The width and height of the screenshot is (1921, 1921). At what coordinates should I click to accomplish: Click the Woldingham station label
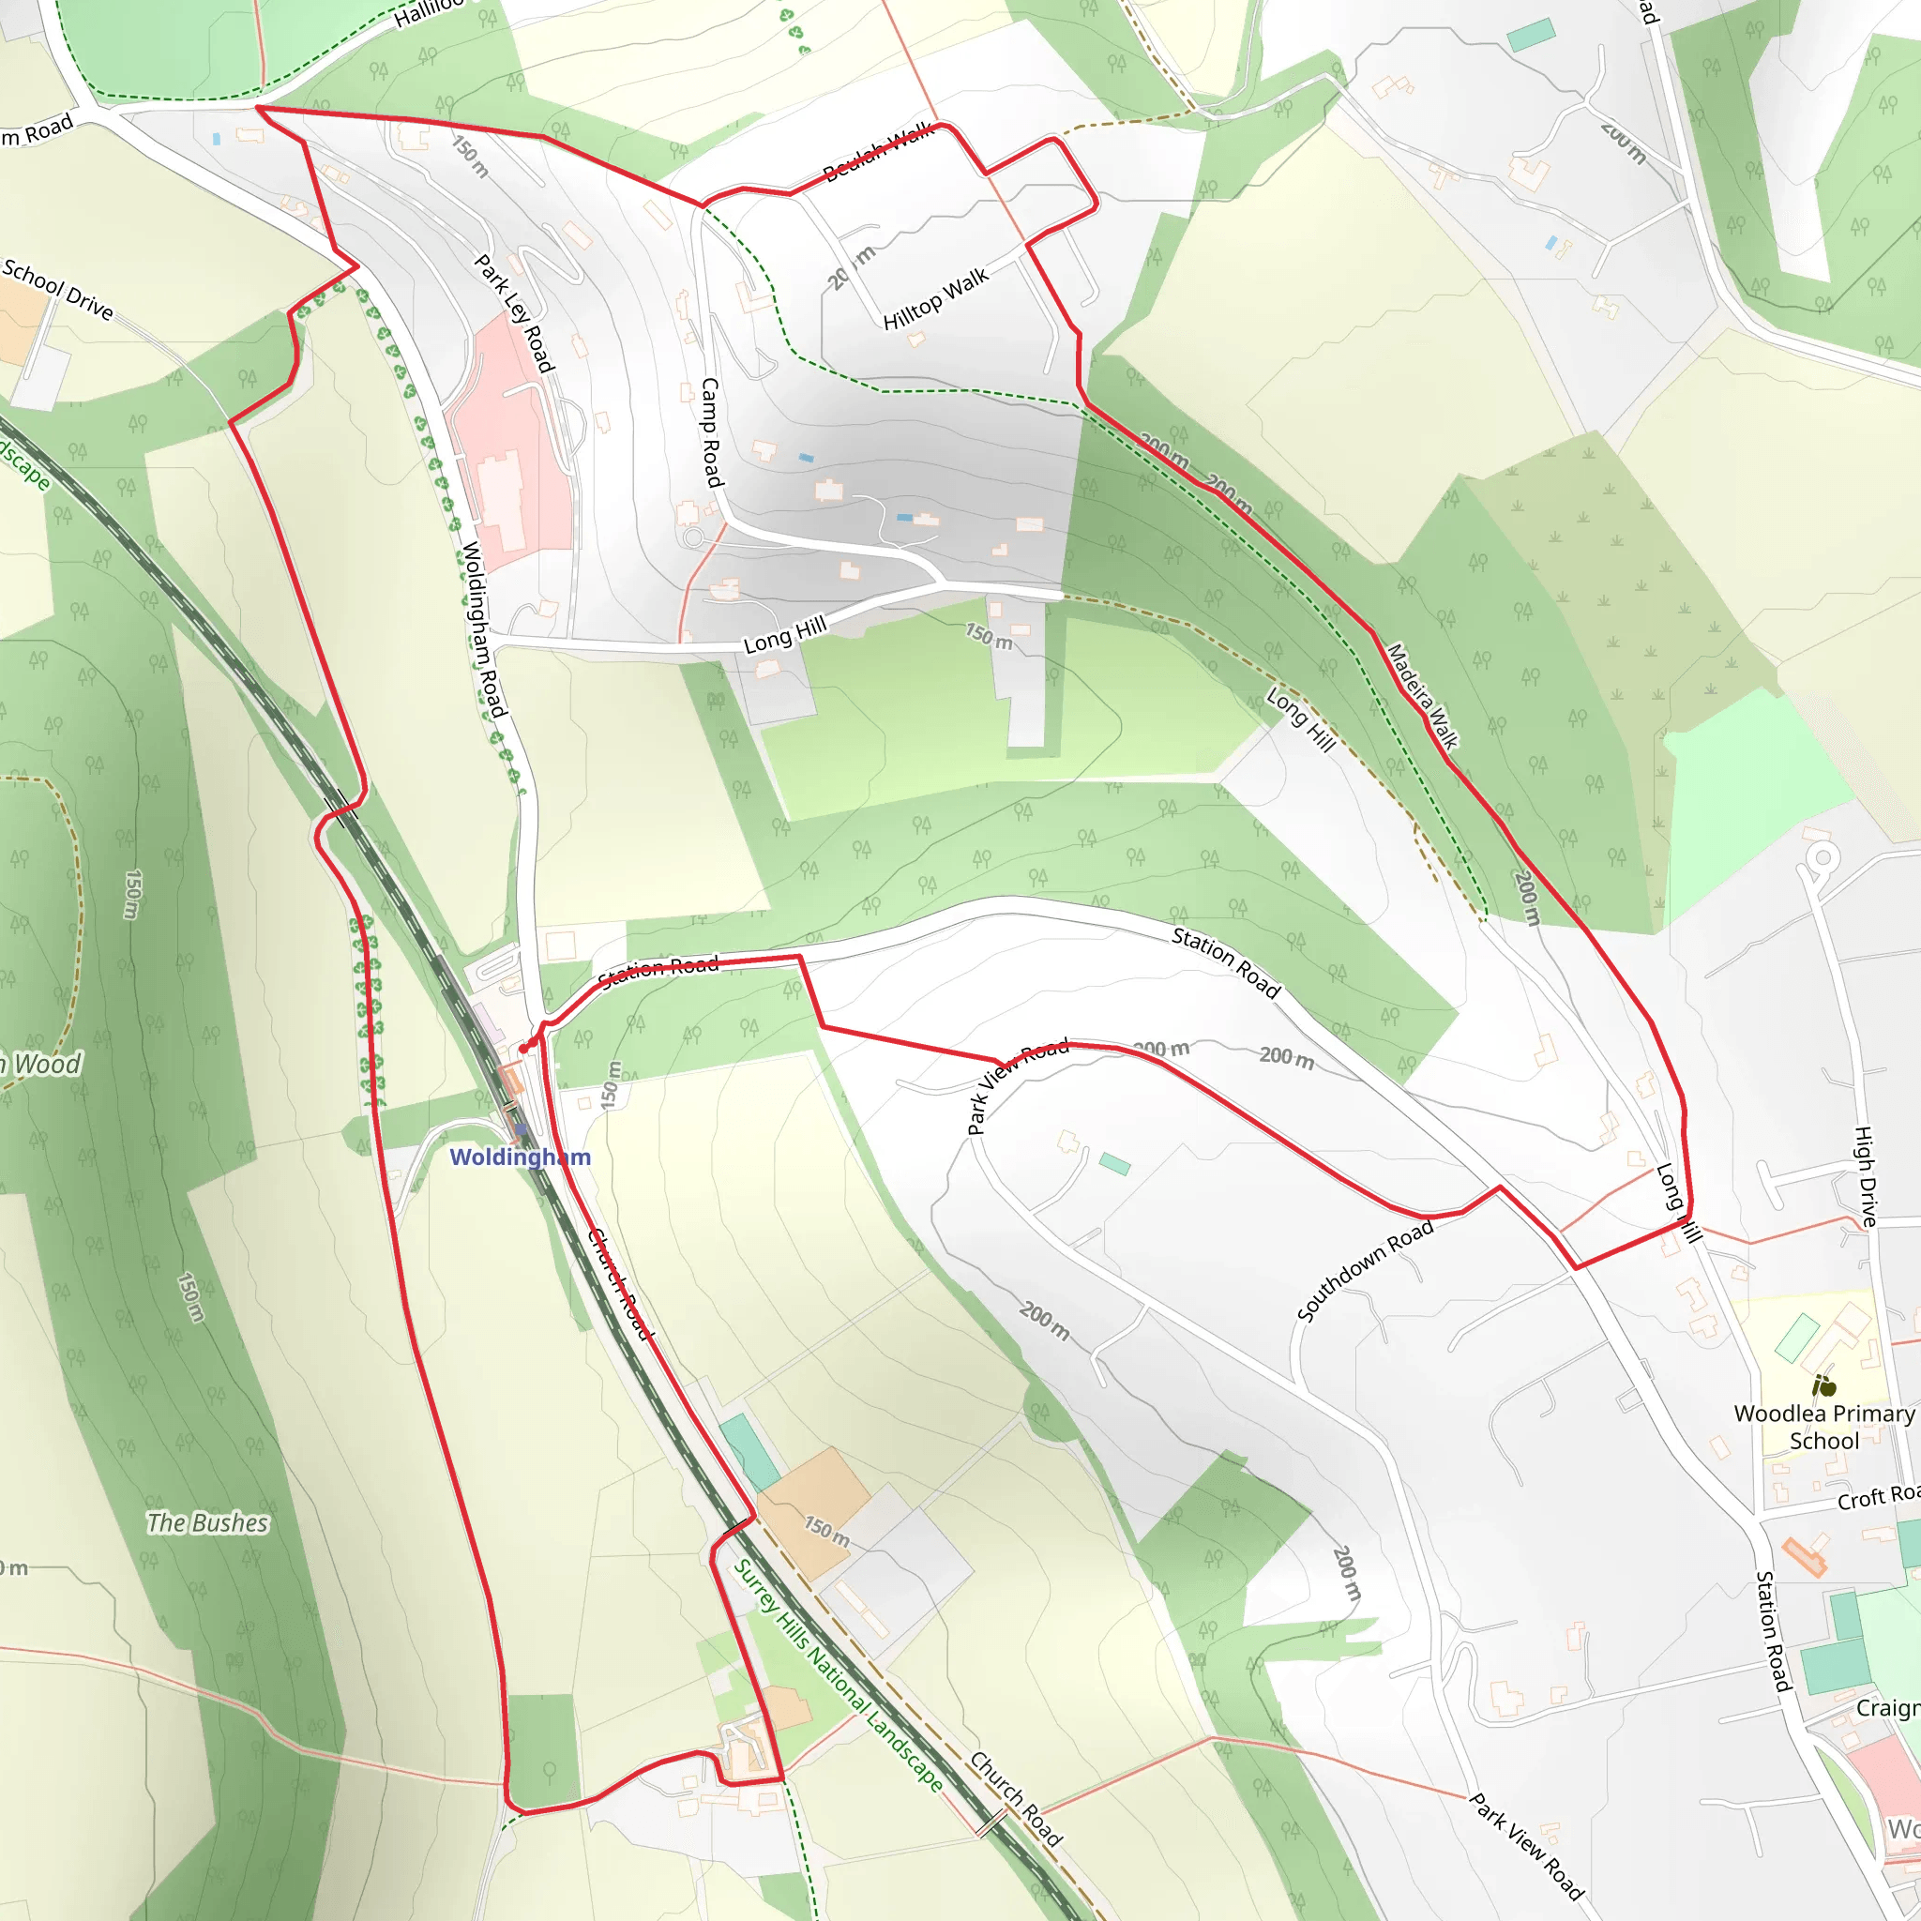(520, 1157)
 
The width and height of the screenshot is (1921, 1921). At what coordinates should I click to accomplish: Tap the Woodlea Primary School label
(1823, 1427)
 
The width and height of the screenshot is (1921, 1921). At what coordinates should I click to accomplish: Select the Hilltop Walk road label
(935, 298)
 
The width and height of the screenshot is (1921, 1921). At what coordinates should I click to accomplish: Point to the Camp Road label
(711, 431)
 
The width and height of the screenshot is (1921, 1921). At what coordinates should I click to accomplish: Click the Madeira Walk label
(1422, 696)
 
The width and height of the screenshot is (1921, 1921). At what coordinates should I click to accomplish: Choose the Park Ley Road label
(513, 313)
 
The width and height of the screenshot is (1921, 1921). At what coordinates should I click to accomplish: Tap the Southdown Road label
(1365, 1270)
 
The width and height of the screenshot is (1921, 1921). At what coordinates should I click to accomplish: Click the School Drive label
(57, 288)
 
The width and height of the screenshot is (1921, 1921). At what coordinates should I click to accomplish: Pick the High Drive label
(1867, 1175)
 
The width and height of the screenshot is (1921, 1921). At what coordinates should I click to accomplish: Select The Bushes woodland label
(208, 1522)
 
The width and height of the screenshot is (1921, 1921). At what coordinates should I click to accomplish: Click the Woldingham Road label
(483, 628)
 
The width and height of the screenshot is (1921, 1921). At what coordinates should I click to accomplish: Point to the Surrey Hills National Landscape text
(839, 1674)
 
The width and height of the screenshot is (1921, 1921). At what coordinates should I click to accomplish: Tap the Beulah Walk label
(879, 152)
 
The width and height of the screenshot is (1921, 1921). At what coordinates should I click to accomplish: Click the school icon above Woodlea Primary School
(1823, 1385)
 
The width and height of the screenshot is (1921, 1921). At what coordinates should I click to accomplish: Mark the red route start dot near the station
(523, 1049)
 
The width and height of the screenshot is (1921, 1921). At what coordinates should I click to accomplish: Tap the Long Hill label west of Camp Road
(785, 634)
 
